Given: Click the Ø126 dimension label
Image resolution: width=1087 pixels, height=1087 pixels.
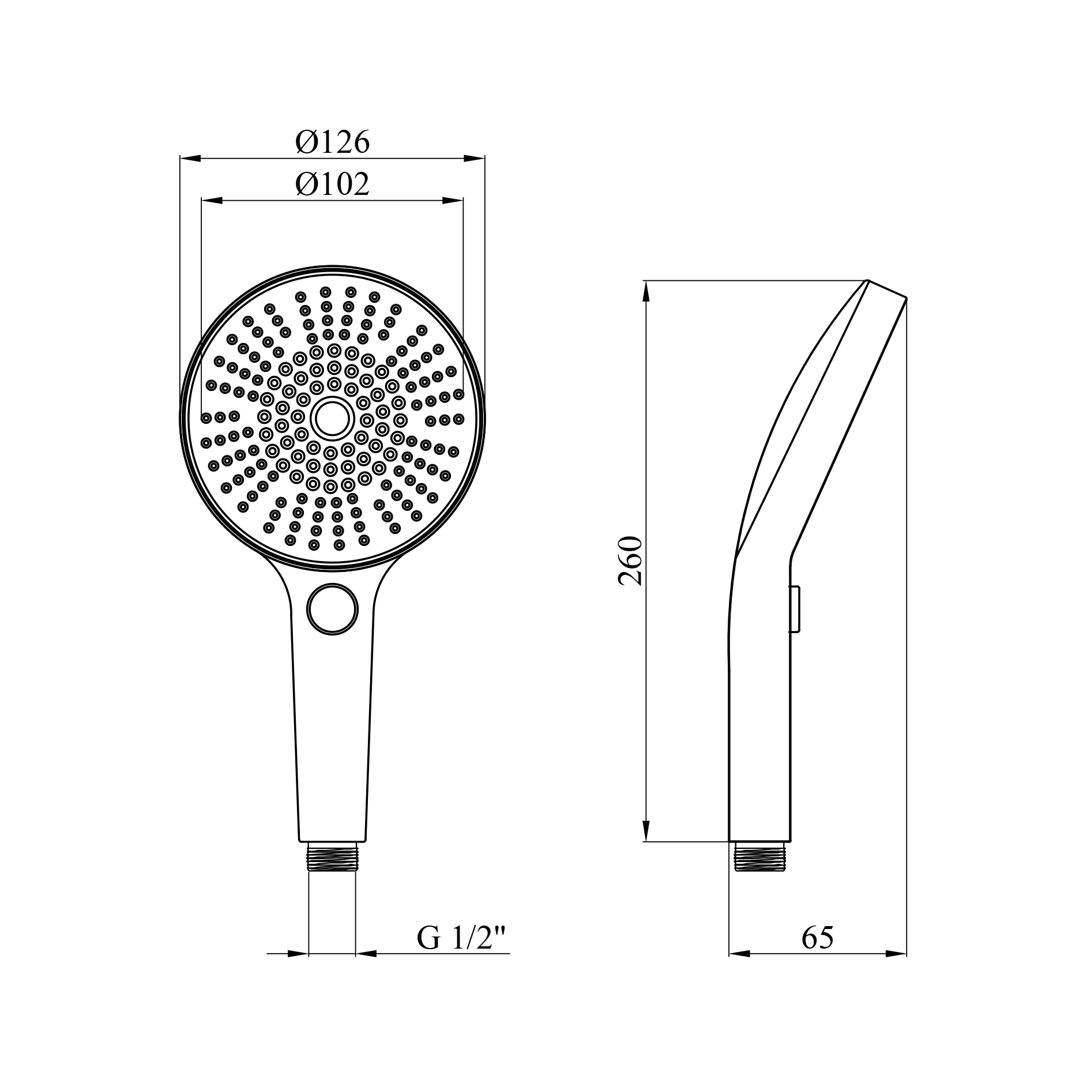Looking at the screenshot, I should coord(332,141).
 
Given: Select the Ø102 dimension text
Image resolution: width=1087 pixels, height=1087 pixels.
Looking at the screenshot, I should coord(332,185).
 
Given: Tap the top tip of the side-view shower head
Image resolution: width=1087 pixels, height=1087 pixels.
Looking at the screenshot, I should coord(868,281).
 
